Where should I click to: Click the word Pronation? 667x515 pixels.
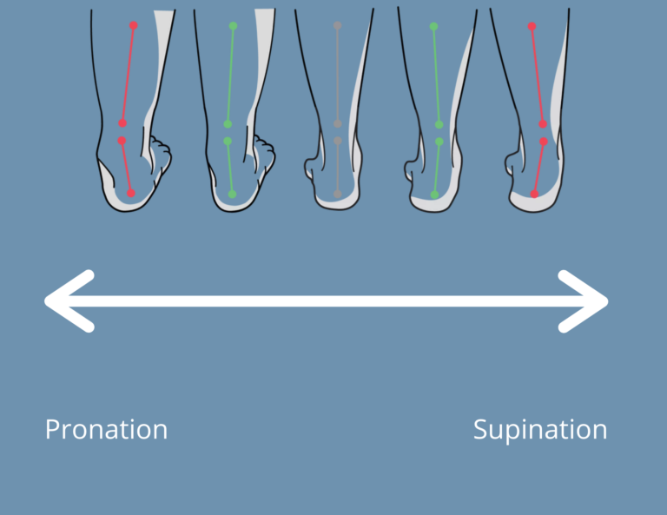coord(106,429)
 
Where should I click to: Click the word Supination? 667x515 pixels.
coord(539,429)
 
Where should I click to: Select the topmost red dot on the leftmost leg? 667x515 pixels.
coord(133,26)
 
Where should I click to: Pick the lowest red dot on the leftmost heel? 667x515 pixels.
coord(130,193)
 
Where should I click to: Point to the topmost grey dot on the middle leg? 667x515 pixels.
coord(337,26)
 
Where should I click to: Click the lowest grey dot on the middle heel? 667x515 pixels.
coord(337,194)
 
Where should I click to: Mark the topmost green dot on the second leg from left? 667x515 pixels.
coord(233,26)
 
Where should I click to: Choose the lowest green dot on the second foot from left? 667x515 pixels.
coord(232,194)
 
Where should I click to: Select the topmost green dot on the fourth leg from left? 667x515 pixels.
coord(433,27)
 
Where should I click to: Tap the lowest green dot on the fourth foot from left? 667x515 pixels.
coord(434,195)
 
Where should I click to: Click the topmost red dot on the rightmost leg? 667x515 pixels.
coord(532,27)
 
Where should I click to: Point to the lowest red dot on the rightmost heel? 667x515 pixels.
coord(534,194)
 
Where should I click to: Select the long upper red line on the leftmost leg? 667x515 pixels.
coord(128,74)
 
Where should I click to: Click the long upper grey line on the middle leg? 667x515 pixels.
coord(337,74)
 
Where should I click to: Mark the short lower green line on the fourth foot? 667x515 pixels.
coord(437,168)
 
